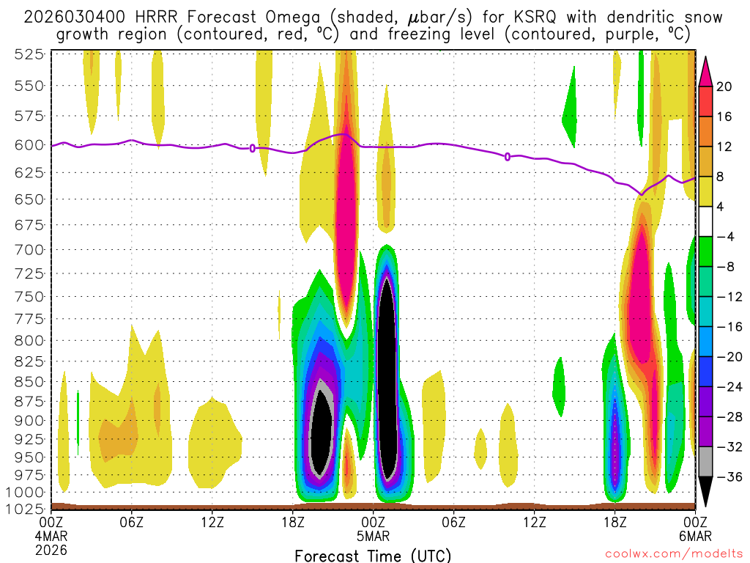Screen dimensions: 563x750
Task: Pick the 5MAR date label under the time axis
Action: pos(374,535)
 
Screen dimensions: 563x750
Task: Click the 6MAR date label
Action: pos(695,535)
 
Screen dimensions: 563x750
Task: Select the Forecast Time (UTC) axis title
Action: pos(373,555)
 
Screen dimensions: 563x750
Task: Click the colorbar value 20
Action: pos(724,87)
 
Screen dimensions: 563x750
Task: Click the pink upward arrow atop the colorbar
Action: pos(705,70)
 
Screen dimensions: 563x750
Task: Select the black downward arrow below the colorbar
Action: pos(705,492)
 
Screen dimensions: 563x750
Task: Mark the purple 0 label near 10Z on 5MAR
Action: pos(508,156)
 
